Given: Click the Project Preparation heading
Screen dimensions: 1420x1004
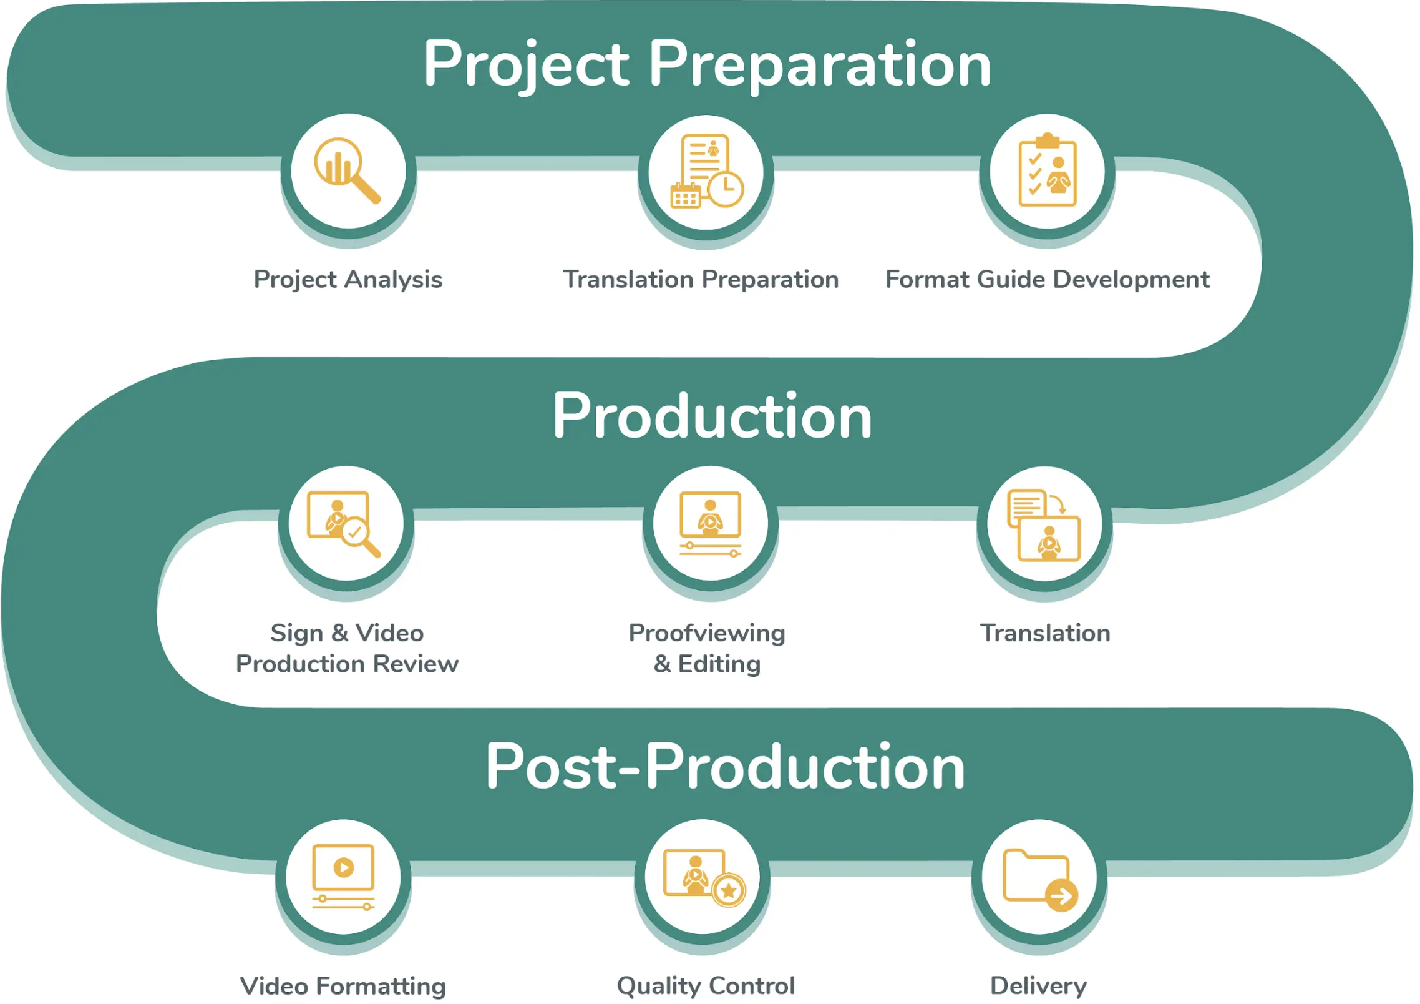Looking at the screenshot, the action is point(707,64).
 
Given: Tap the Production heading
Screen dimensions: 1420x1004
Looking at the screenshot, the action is point(712,416).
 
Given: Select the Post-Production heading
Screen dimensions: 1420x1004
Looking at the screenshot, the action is point(726,767).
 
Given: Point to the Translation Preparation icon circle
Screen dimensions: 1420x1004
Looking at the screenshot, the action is point(706,172).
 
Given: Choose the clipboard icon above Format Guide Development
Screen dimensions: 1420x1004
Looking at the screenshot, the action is point(1048,170).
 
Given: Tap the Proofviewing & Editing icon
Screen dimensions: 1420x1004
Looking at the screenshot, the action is point(711,523).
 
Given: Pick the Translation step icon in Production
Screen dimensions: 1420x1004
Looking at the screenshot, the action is point(1044,524).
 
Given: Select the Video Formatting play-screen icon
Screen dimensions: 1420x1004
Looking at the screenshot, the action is point(343,877).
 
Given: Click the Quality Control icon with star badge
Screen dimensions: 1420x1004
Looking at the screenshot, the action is point(703,877).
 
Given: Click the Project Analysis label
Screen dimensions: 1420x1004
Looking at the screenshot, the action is point(348,279).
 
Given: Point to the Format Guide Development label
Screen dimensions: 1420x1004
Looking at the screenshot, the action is point(1048,279).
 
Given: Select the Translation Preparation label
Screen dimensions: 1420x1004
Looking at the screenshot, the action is point(701,279).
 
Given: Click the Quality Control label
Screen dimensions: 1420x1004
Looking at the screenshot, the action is point(706,986).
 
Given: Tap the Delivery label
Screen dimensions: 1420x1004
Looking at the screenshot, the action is point(1038,986).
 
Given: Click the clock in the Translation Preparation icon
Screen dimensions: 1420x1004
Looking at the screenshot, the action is point(726,188).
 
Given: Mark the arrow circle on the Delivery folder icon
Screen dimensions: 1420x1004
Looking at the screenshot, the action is point(1061,896).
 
